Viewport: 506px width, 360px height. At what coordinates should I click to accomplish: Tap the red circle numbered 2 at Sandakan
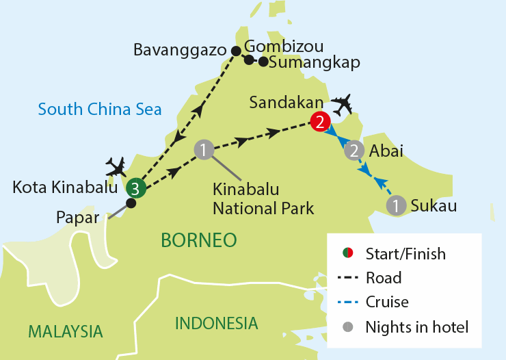pos(319,122)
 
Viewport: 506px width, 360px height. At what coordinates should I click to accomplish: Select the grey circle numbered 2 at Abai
pos(354,150)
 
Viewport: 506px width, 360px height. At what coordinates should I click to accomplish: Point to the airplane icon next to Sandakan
pos(342,105)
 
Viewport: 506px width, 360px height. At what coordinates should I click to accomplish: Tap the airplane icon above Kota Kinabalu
pos(117,166)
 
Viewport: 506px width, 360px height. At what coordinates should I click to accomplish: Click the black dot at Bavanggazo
pos(237,51)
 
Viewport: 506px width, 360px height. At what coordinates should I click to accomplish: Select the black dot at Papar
pos(131,203)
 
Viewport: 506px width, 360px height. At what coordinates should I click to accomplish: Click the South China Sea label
pos(100,108)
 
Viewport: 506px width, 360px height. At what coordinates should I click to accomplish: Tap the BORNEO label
pos(198,240)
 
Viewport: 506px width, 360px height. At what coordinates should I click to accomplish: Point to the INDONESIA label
pos(217,323)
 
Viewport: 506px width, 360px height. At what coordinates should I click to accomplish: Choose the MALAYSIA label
pos(65,332)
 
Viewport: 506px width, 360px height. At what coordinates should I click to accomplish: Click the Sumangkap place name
pos(315,62)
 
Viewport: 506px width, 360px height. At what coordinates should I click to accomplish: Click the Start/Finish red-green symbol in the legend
pos(347,254)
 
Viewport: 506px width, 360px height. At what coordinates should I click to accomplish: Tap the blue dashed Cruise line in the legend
pos(348,302)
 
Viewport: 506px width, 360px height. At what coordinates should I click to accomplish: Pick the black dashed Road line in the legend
pos(348,278)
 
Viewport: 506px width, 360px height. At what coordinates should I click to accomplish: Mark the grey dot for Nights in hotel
pos(347,326)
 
